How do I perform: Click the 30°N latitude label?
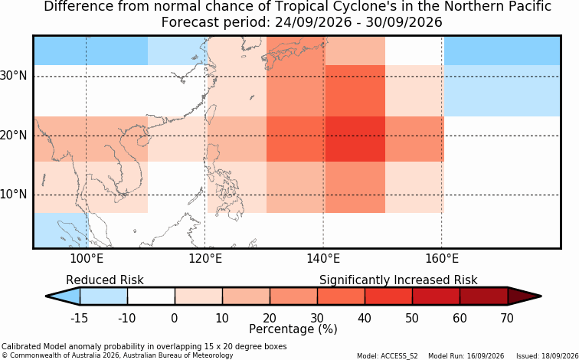pyautogui.click(x=13, y=76)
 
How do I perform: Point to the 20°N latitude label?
pyautogui.click(x=13, y=135)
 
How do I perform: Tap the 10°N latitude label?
pyautogui.click(x=13, y=195)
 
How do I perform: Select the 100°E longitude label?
pyautogui.click(x=87, y=259)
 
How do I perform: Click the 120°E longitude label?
pyautogui.click(x=205, y=259)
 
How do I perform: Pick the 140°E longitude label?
pyautogui.click(x=323, y=259)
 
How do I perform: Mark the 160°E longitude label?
pyautogui.click(x=442, y=259)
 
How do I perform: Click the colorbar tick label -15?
pyautogui.click(x=79, y=318)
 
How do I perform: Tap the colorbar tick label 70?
pyautogui.click(x=507, y=318)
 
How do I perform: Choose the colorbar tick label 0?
pyautogui.click(x=175, y=318)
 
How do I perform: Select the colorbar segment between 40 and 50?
pyautogui.click(x=388, y=296)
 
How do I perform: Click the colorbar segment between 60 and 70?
pyautogui.click(x=484, y=296)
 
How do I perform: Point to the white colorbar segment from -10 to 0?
pyautogui.click(x=151, y=296)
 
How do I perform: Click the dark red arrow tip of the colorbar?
pyautogui.click(x=541, y=296)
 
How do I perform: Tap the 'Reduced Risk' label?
pyautogui.click(x=105, y=280)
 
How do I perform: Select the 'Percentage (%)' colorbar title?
pyautogui.click(x=293, y=329)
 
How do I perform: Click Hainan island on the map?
pyautogui.click(x=142, y=141)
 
